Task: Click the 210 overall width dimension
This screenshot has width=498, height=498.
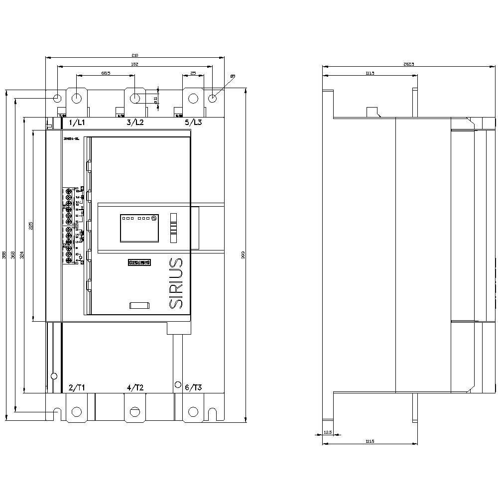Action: click(x=134, y=55)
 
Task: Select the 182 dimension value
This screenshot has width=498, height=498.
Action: click(x=134, y=64)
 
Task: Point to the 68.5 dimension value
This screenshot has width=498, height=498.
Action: click(x=106, y=73)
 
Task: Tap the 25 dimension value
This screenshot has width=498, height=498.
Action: click(x=193, y=73)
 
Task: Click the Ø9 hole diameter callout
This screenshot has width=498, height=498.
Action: click(x=233, y=76)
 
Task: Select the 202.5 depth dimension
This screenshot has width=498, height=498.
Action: click(x=409, y=64)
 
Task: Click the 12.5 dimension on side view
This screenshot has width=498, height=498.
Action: click(x=327, y=432)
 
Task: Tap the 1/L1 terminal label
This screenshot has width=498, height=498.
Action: click(x=77, y=122)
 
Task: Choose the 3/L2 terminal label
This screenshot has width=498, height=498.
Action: click(x=135, y=122)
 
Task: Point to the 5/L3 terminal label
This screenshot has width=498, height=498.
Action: click(x=193, y=122)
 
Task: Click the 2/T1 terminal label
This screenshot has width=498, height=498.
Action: click(x=77, y=387)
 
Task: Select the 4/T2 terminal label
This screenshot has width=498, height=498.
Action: click(x=135, y=387)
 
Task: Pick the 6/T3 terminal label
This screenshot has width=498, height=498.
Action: click(x=193, y=387)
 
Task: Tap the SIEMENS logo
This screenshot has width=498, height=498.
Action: click(x=139, y=262)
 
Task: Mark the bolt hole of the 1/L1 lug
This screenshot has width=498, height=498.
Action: click(x=76, y=98)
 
